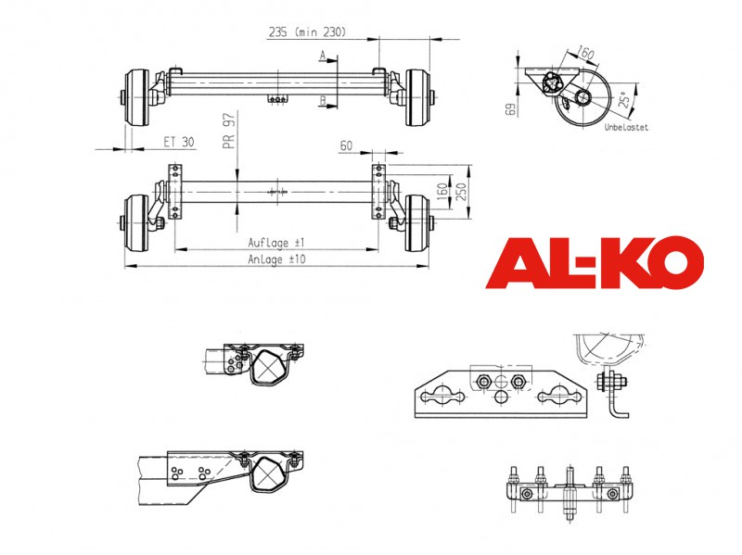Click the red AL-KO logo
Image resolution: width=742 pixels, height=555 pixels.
[x=595, y=262]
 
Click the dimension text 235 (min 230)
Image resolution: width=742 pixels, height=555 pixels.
[x=308, y=32]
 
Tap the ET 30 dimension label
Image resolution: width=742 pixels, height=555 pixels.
[x=179, y=142]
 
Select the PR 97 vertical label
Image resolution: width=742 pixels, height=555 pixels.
[x=229, y=131]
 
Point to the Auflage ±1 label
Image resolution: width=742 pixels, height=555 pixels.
[x=276, y=243]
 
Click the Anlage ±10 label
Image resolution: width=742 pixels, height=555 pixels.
[x=276, y=259]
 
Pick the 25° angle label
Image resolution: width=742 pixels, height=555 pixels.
[x=625, y=100]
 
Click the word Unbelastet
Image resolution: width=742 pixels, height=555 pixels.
[x=626, y=127]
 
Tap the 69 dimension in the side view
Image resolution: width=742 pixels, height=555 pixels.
[x=511, y=109]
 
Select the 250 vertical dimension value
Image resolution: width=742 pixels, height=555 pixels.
[x=461, y=191]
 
